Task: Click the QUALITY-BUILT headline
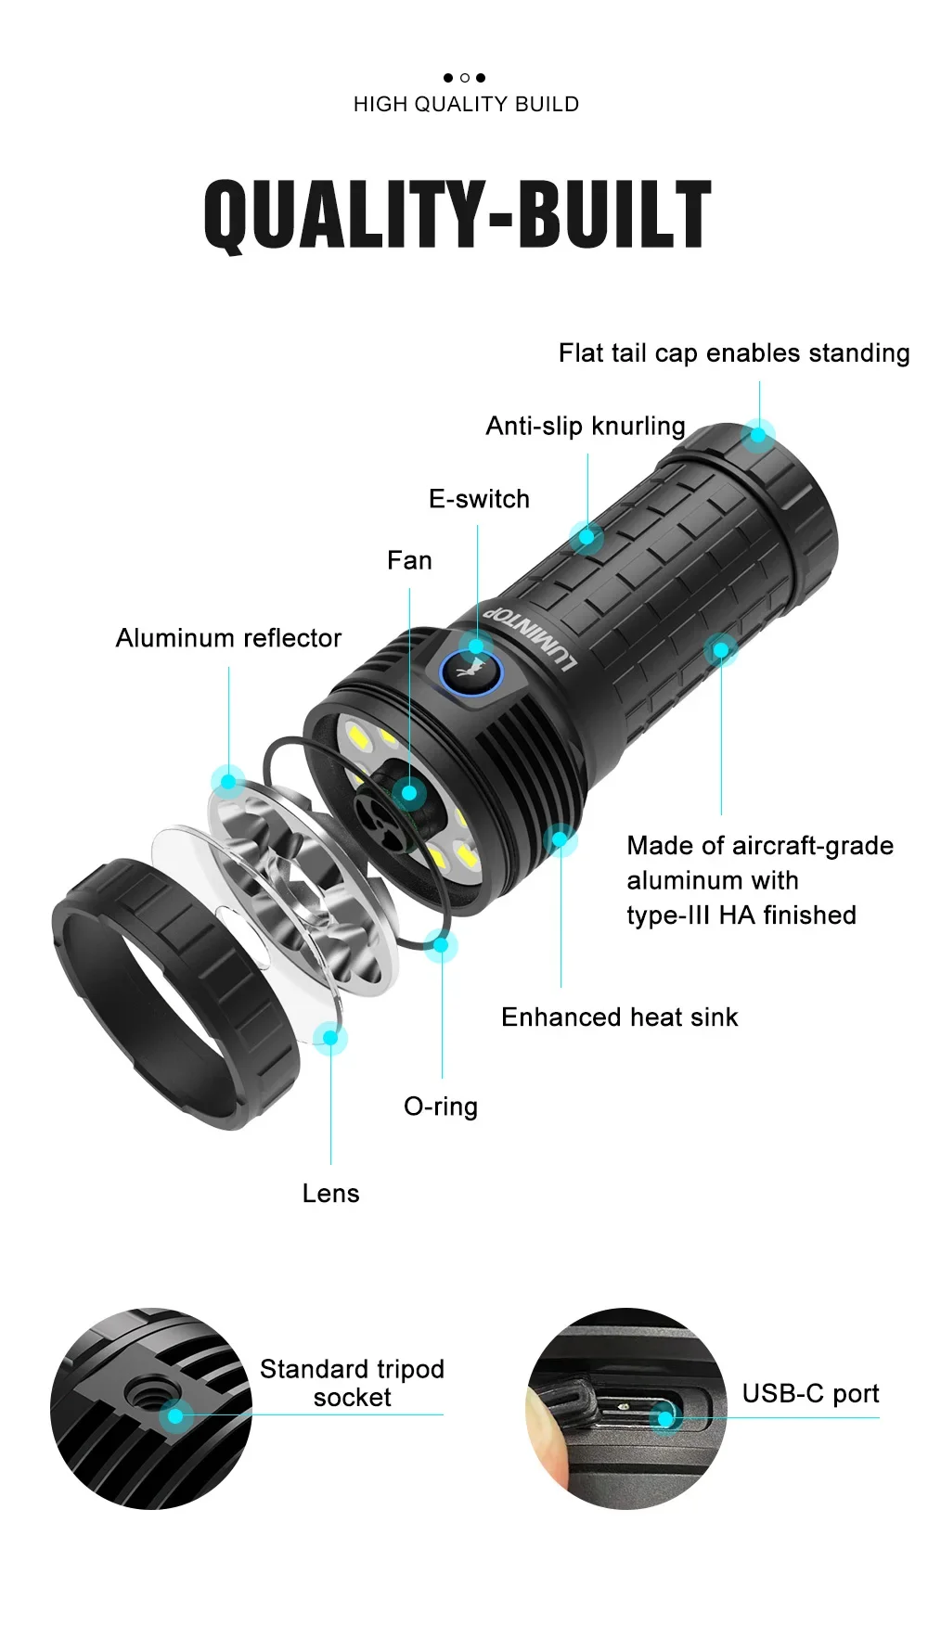click(458, 215)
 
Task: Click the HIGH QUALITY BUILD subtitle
click(466, 104)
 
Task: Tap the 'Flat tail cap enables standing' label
click(733, 353)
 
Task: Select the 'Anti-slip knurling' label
click(586, 427)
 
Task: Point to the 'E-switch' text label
click(479, 499)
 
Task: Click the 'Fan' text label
click(409, 560)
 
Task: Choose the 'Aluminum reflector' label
click(228, 638)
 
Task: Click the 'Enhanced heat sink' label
click(619, 1017)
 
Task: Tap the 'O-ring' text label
click(441, 1107)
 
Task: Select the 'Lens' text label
click(330, 1194)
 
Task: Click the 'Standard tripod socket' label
click(352, 1383)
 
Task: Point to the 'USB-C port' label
click(810, 1393)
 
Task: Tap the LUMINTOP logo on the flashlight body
click(532, 640)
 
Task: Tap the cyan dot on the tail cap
click(759, 434)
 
